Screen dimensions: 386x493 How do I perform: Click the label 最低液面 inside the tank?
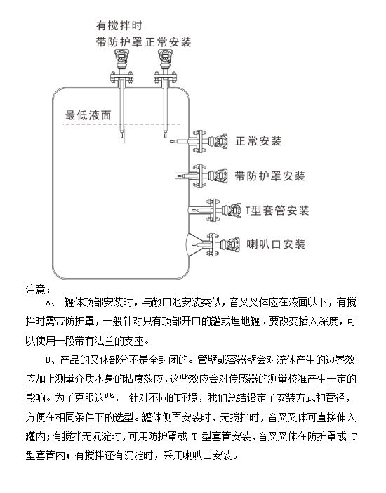click(88, 115)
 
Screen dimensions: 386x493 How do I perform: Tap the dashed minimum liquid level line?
click(121, 124)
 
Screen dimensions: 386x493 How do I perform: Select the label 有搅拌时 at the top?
click(119, 25)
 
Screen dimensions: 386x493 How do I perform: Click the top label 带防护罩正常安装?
click(143, 42)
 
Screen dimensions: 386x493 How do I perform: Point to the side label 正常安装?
click(258, 141)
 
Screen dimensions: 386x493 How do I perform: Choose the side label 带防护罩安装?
click(270, 176)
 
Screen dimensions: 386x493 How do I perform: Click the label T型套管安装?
click(277, 211)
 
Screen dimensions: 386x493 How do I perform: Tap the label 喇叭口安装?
click(276, 244)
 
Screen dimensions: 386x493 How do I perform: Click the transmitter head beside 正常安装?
click(221, 141)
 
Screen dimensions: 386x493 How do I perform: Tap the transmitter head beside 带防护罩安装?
click(221, 176)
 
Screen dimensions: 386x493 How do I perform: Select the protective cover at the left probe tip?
click(121, 136)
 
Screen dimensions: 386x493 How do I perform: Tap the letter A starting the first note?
click(48, 303)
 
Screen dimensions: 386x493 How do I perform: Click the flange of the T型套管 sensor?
click(212, 210)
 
